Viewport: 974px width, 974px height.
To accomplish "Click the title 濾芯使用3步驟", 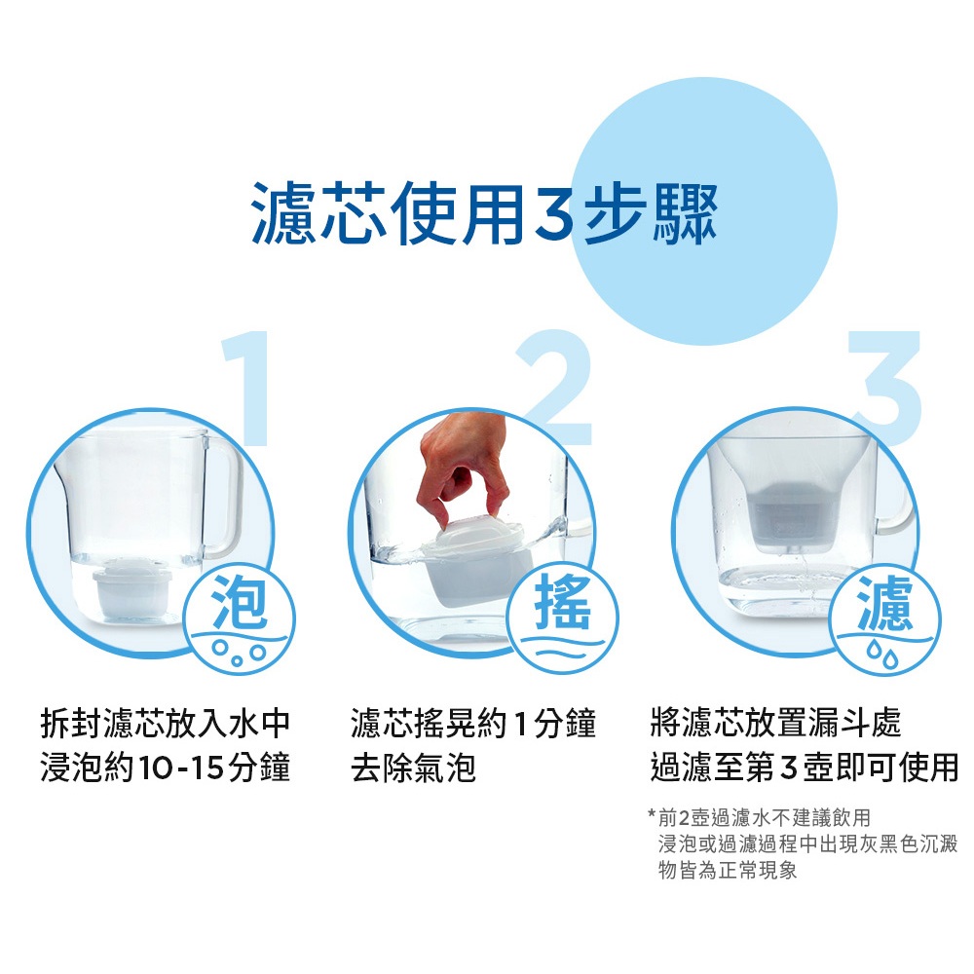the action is click(x=485, y=213).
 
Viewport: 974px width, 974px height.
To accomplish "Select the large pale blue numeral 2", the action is click(x=556, y=388).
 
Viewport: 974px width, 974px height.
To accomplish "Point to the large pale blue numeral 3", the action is click(x=885, y=388).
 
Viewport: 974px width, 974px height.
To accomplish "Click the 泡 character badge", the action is click(x=240, y=618).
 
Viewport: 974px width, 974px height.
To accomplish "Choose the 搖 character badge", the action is click(x=563, y=618).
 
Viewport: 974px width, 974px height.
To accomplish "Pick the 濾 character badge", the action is click(x=885, y=618).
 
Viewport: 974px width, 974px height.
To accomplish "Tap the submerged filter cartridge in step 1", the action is click(x=132, y=588).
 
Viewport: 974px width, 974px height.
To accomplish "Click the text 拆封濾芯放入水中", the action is click(x=166, y=724).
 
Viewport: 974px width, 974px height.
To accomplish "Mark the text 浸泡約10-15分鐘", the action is click(x=166, y=768).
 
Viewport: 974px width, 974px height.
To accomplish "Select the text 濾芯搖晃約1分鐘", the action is click(x=473, y=724).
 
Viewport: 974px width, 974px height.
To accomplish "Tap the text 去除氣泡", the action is click(x=413, y=768).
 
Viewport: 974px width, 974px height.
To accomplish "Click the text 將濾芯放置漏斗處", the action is click(x=776, y=723).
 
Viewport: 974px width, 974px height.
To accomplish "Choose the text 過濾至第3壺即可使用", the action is click(x=805, y=768).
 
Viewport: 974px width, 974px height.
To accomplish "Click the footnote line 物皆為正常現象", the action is click(x=728, y=870).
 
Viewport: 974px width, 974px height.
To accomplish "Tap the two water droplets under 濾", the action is click(x=884, y=655).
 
